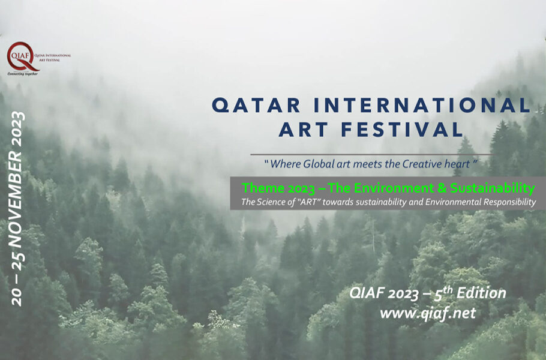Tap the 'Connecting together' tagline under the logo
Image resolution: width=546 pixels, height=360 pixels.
[23, 73]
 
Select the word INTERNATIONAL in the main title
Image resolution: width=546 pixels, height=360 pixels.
[416, 105]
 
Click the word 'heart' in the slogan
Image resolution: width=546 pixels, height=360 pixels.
[456, 163]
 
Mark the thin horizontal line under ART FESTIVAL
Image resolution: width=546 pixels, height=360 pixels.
[372, 154]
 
